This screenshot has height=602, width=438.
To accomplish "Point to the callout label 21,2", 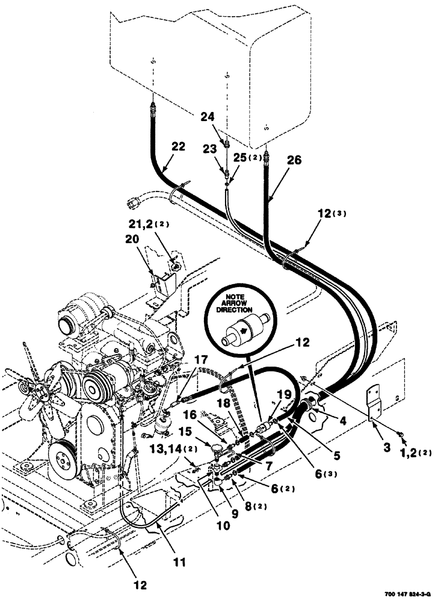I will (141, 224).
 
